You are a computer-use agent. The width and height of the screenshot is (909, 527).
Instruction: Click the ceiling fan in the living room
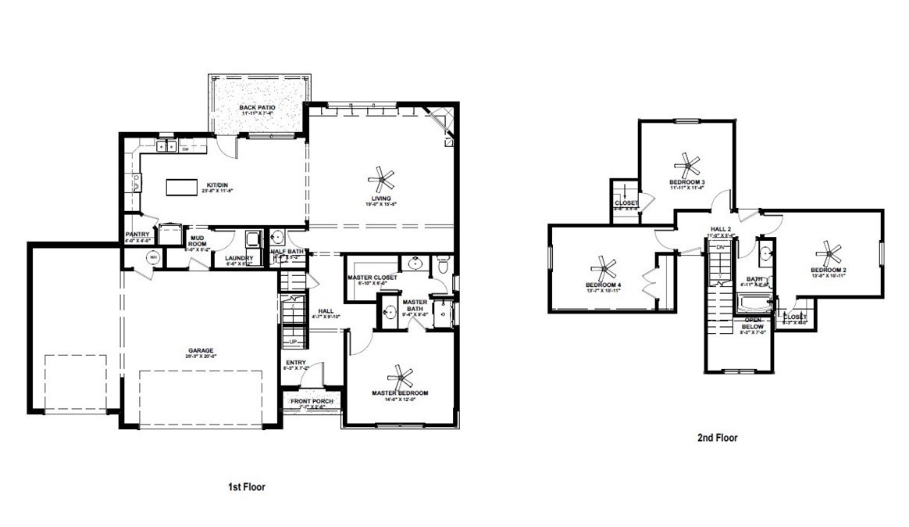(382, 180)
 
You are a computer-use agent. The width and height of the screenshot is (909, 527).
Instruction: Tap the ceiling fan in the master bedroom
(403, 377)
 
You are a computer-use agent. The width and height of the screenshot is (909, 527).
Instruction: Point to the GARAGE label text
(201, 350)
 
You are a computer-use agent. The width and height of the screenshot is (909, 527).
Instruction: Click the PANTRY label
(138, 235)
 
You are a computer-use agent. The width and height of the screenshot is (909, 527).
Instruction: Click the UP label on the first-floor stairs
(293, 342)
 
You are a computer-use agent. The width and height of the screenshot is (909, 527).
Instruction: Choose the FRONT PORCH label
(312, 402)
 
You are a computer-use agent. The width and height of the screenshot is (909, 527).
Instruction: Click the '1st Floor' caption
(246, 486)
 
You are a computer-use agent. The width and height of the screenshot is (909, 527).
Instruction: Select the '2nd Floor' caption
(717, 438)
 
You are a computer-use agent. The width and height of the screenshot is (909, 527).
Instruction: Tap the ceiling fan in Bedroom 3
(688, 164)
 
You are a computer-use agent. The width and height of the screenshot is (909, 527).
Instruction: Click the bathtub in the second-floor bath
(754, 301)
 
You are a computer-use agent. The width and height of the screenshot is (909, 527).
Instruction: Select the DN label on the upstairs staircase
(721, 247)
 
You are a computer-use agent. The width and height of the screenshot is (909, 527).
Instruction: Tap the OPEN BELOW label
(753, 323)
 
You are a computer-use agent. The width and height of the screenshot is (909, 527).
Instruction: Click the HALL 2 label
(719, 230)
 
